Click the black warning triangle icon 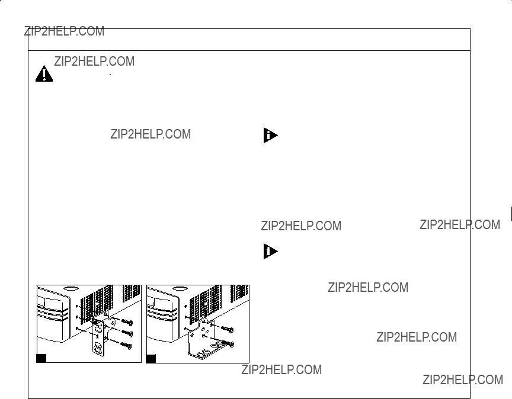[44, 74]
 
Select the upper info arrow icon [270, 135]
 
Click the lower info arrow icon [270, 251]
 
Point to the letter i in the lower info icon [268, 251]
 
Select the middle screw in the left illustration [127, 333]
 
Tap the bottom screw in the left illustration [126, 345]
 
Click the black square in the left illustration [41, 358]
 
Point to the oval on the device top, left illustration [70, 289]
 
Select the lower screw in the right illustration [228, 343]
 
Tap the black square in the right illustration [151, 359]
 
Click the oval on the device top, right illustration [180, 289]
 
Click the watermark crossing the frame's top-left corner [65, 31]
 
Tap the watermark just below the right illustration [281, 369]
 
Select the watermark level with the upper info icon [151, 134]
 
